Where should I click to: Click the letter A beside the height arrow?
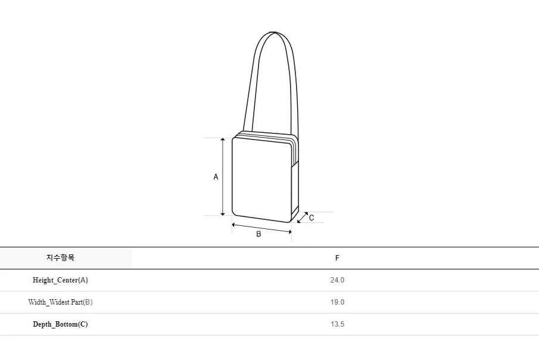216,176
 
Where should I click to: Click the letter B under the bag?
258,234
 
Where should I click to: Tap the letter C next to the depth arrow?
311,218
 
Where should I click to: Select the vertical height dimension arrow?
223,176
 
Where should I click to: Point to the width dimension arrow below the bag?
261,228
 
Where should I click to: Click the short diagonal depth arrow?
303,218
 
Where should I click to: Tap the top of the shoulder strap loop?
274,32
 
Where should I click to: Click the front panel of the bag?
262,179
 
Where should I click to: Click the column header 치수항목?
61,258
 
